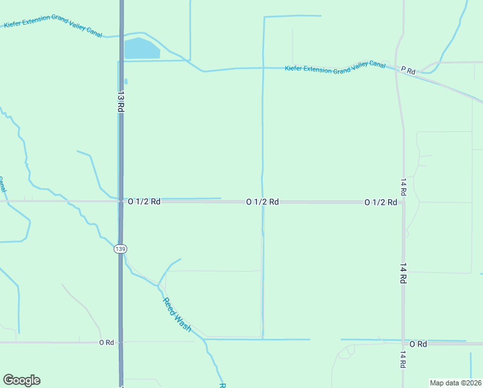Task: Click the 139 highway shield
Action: click(x=120, y=249)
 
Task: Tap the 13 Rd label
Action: click(x=120, y=101)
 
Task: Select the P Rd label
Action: click(x=407, y=70)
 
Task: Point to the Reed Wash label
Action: click(x=176, y=314)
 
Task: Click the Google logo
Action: click(x=21, y=380)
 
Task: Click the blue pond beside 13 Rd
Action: click(x=140, y=48)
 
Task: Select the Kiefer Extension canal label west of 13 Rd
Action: click(x=53, y=28)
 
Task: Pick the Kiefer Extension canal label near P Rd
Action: click(x=334, y=68)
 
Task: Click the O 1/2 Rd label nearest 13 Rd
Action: click(x=144, y=202)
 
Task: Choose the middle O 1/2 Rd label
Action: click(x=262, y=202)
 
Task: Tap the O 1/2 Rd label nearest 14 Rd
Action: click(x=380, y=202)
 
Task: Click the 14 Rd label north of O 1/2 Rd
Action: click(x=403, y=188)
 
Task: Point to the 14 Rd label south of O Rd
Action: click(x=403, y=360)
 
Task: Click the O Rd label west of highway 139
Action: click(x=107, y=342)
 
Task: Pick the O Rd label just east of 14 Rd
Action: click(x=418, y=344)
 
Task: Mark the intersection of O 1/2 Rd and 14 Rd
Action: click(x=403, y=202)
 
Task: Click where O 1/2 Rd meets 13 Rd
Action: click(x=121, y=202)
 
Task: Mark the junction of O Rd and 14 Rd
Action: click(x=403, y=343)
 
